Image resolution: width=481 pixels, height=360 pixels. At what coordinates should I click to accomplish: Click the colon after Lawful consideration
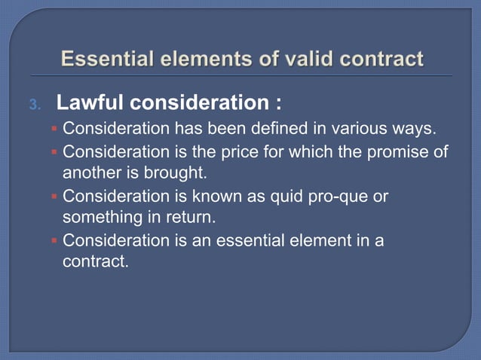point(278,101)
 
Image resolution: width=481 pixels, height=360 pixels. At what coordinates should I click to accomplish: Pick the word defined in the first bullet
point(278,129)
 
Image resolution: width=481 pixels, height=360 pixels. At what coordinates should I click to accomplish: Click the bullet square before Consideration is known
point(54,197)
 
